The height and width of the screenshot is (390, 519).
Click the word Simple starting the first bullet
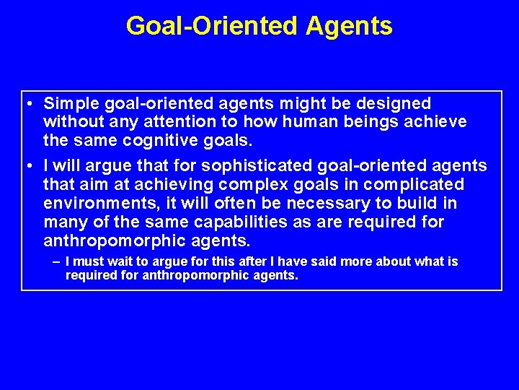point(71,104)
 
